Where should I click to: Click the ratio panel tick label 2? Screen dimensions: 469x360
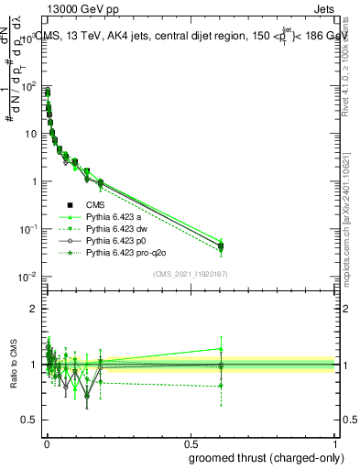34,309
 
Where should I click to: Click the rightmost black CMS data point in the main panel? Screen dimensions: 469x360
221,246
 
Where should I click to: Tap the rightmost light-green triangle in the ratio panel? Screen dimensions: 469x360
221,348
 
